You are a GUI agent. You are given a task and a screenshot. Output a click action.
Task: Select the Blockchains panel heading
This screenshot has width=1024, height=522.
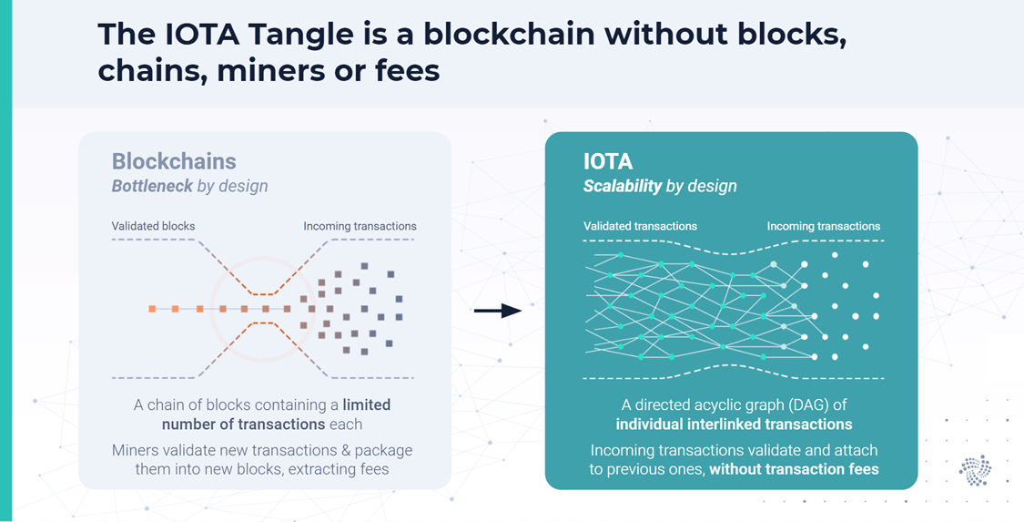tap(174, 161)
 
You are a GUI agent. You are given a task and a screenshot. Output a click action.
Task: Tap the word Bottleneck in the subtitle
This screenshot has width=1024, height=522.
tap(152, 186)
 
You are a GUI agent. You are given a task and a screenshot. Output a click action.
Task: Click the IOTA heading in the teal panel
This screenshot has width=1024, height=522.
tap(608, 161)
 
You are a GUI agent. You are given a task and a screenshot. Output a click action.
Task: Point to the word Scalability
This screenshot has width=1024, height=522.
tap(623, 186)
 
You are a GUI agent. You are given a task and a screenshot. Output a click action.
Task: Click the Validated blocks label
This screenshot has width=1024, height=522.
tap(153, 226)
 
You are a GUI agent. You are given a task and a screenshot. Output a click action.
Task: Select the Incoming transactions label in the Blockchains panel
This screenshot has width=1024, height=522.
tap(360, 226)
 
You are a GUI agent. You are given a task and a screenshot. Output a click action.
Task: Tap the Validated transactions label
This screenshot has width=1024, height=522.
tap(640, 226)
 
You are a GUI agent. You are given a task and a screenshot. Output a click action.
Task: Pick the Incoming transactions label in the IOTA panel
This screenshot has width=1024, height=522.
tap(823, 226)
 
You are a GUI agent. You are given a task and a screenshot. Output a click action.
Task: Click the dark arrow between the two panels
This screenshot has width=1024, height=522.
tap(498, 311)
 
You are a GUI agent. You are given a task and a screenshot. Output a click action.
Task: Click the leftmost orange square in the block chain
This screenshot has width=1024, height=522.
tap(152, 310)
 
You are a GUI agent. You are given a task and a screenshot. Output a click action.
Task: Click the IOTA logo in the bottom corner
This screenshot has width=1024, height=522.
tap(975, 469)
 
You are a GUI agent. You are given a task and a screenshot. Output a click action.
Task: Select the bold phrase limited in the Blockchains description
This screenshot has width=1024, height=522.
tap(367, 404)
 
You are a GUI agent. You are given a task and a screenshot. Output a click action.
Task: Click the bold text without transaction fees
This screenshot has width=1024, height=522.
tap(794, 469)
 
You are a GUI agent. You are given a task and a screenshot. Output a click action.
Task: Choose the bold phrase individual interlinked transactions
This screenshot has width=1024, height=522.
tap(734, 424)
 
